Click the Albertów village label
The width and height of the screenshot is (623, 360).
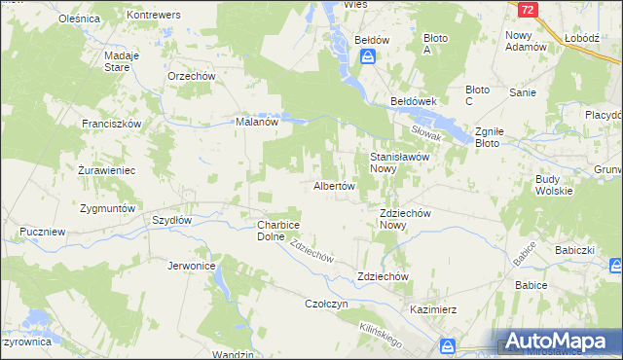pyautogui.click(x=333, y=185)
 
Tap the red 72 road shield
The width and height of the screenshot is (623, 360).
pyautogui.click(x=527, y=10)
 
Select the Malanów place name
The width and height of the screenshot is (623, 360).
pyautogui.click(x=258, y=123)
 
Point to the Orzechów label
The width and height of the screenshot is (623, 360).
pyautogui.click(x=191, y=76)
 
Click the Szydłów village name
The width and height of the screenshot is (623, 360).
pyautogui.click(x=171, y=220)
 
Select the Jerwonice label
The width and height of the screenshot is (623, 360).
pyautogui.click(x=191, y=266)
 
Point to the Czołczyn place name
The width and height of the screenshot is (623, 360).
pyautogui.click(x=326, y=304)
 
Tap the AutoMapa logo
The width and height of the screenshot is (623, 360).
pyautogui.click(x=559, y=342)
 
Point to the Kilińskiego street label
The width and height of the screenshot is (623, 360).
pyautogui.click(x=381, y=336)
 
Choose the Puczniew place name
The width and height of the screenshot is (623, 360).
pyautogui.click(x=42, y=233)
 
